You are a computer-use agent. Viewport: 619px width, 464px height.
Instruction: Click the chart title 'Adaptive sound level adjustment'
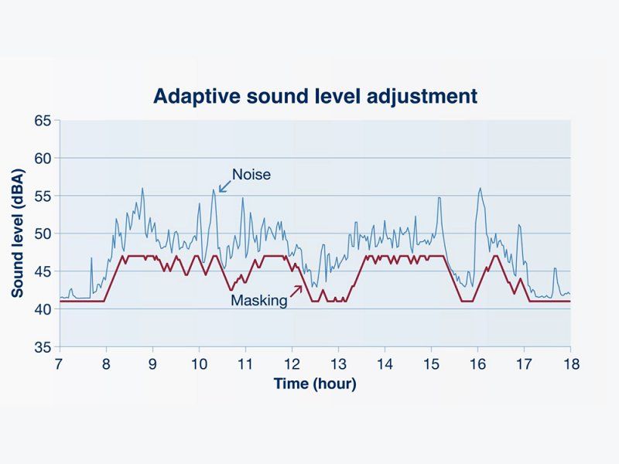click(315, 97)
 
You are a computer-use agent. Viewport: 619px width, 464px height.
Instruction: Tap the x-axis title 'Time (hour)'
click(315, 384)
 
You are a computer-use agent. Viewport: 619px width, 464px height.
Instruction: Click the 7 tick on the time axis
click(59, 363)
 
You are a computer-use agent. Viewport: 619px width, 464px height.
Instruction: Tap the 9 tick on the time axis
click(152, 363)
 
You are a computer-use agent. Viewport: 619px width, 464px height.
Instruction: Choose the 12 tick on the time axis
click(292, 363)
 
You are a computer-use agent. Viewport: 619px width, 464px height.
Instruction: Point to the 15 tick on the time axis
click(431, 363)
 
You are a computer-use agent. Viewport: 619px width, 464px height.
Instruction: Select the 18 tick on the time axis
click(570, 363)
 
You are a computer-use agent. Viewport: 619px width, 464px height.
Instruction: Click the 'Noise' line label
click(251, 174)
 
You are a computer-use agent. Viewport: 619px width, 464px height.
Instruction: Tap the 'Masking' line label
click(258, 301)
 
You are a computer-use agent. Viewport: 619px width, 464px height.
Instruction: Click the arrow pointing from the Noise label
click(225, 185)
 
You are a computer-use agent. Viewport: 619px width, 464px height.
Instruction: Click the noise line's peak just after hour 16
click(480, 188)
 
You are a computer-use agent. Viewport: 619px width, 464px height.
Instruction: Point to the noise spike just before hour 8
click(91, 258)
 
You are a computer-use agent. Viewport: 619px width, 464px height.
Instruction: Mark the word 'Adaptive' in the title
click(190, 97)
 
